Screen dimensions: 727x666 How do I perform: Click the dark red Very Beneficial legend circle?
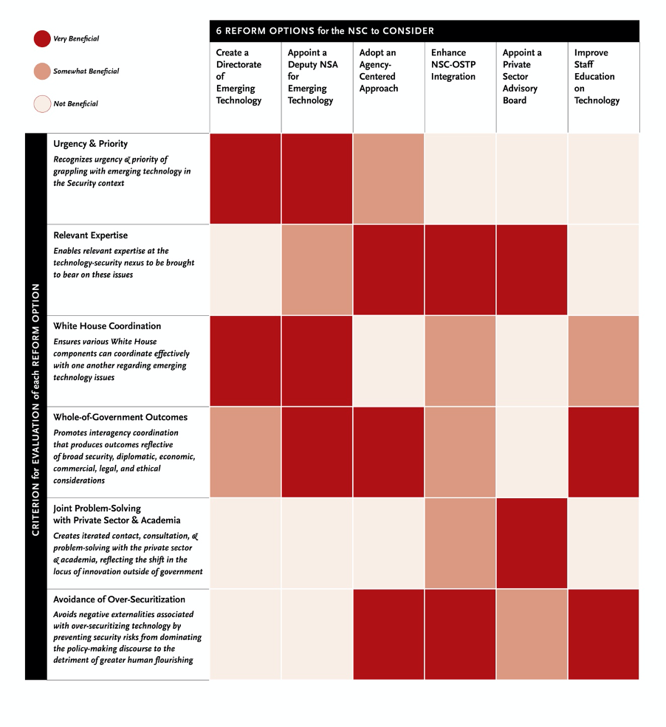(x=41, y=38)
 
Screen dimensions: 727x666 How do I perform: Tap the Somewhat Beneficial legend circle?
(x=41, y=71)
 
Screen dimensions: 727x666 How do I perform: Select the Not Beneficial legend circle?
(x=41, y=103)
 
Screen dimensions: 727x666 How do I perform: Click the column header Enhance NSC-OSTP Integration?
(x=453, y=64)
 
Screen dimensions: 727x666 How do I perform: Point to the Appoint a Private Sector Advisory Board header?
(x=522, y=76)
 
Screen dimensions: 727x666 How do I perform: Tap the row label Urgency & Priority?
(x=90, y=144)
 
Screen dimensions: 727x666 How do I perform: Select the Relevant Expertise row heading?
(x=90, y=235)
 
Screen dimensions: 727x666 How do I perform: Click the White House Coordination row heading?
(x=107, y=326)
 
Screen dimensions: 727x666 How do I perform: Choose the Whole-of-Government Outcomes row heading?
(x=120, y=417)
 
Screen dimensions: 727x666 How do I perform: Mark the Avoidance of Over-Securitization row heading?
(x=119, y=599)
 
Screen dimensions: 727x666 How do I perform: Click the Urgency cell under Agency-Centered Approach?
(x=388, y=179)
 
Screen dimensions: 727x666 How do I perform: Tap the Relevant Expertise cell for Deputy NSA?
(x=317, y=270)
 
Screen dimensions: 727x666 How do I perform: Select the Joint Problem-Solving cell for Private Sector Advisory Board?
(x=532, y=543)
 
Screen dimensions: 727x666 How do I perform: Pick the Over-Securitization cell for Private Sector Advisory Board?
(x=532, y=634)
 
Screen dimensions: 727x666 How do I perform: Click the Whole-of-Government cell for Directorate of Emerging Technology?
(x=245, y=452)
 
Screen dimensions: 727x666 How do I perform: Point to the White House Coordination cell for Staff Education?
(x=603, y=361)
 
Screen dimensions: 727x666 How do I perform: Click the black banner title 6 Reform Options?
(x=325, y=31)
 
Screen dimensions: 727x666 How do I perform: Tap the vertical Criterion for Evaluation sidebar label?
(x=35, y=406)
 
